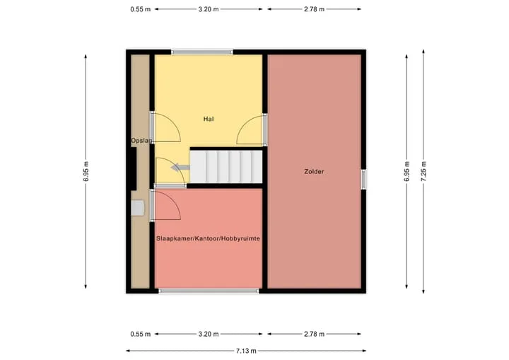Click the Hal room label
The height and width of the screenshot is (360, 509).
pos(209,119)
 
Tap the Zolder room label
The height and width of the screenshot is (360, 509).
pos(314,171)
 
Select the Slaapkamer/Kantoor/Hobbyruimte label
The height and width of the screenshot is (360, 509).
pos(208,238)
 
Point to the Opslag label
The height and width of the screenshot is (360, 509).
pos(141,141)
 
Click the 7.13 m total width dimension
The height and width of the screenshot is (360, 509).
pos(246,351)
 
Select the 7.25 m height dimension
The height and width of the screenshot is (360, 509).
pos(423,171)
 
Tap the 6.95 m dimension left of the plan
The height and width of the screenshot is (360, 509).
pos(86,171)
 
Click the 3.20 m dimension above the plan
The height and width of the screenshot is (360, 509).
pos(209,9)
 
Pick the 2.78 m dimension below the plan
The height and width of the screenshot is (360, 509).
pos(314,334)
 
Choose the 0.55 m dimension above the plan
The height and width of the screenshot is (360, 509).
pos(141,9)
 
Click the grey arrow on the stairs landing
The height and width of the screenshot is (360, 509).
pos(180,168)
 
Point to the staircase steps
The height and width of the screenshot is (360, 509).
pos(226,167)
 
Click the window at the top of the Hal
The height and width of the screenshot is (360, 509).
pos(202,52)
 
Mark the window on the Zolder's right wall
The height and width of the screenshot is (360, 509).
pos(364,179)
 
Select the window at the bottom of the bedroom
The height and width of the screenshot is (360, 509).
pos(209,291)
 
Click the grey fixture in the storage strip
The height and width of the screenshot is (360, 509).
pos(138,208)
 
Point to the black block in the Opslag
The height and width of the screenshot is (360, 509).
pos(134,168)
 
